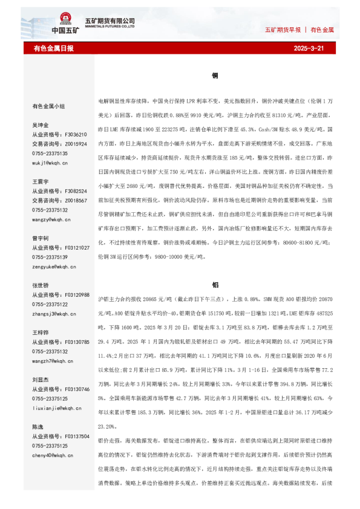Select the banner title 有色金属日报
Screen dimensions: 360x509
click(53, 48)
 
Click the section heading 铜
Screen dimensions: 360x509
click(215, 76)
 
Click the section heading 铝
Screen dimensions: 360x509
click(215, 284)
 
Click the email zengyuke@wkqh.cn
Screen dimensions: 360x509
click(54, 267)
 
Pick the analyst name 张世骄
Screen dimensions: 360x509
click(41, 285)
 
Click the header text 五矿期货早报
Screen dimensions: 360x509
click(283, 30)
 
